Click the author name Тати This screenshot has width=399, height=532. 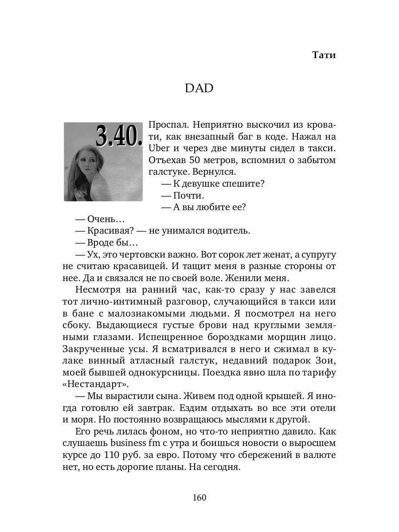click(x=324, y=55)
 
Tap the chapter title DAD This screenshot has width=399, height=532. click(x=199, y=88)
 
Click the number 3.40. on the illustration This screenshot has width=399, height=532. click(x=118, y=137)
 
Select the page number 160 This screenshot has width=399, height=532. click(x=199, y=497)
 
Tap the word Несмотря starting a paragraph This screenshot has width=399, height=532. click(x=98, y=290)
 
